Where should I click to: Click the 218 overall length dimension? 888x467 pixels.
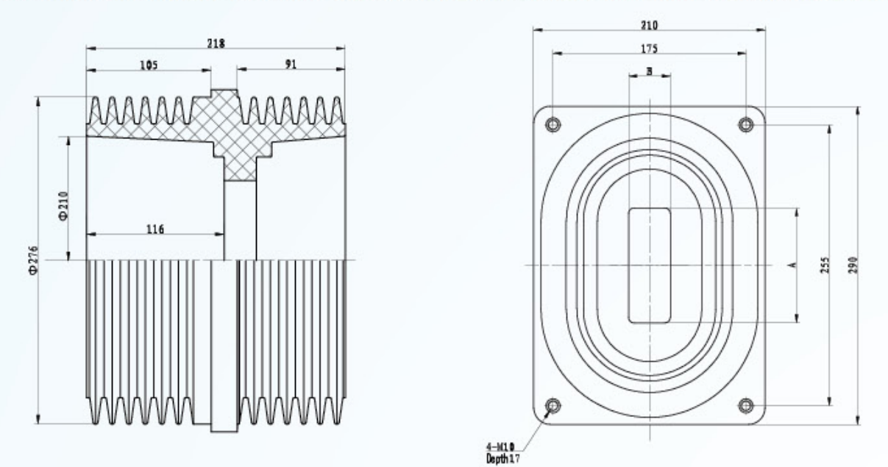[x=216, y=43]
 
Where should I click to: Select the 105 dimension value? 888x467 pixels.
[x=149, y=65]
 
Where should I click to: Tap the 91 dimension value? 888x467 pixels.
[x=291, y=64]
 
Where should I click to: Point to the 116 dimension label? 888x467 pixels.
[x=155, y=229]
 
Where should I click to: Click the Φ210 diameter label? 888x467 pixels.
[x=63, y=206]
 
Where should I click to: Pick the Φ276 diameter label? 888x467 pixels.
[x=33, y=260]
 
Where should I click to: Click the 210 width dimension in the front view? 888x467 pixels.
[x=650, y=25]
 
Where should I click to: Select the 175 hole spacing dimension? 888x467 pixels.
[x=650, y=49]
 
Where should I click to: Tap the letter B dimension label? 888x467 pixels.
[x=650, y=71]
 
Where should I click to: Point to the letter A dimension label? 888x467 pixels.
[x=793, y=265]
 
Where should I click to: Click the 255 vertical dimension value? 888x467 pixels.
[x=825, y=265]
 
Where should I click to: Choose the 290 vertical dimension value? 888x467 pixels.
[x=853, y=265]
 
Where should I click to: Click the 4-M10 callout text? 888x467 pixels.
[x=500, y=447]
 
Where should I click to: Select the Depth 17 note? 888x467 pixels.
[x=502, y=459]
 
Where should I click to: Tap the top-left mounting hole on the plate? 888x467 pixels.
[x=553, y=124]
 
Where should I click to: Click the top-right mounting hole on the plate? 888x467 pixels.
[x=746, y=125]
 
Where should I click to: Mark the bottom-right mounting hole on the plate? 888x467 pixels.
[x=746, y=405]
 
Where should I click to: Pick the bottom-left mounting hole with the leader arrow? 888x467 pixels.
[x=553, y=405]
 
